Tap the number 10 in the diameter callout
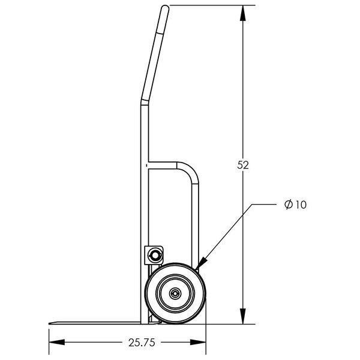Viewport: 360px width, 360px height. tap(301, 205)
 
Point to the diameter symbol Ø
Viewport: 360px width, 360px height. tap(288, 205)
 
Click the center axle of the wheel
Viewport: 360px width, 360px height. tap(175, 294)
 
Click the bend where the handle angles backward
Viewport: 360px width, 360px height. tap(144, 101)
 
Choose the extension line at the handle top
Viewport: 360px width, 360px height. tap(210, 5)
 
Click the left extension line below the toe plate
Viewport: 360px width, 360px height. tap(48, 336)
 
